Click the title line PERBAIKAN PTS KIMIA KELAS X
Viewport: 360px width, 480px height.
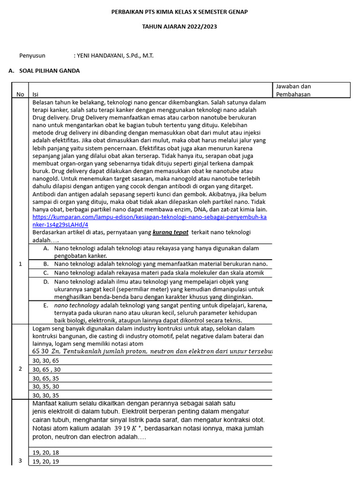click(180, 11)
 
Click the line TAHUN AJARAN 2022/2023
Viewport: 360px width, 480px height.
click(180, 27)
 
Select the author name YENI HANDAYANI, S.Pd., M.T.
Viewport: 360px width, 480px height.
click(113, 55)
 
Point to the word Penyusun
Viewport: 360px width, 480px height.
click(32, 55)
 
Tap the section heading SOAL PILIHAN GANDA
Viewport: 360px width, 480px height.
click(49, 71)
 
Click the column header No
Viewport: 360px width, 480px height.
click(20, 94)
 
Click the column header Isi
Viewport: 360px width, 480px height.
click(36, 94)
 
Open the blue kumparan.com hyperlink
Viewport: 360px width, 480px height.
click(149, 221)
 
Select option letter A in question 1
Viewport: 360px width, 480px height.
click(46, 248)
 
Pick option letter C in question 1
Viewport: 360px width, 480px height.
click(46, 272)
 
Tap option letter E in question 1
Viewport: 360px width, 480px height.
click(46, 305)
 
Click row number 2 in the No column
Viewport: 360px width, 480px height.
click(20, 369)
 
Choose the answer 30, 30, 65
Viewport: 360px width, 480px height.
click(46, 360)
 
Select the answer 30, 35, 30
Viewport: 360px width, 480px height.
click(46, 386)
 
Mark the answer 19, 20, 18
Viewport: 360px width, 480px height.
click(46, 452)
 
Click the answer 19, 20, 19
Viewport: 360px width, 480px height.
click(46, 461)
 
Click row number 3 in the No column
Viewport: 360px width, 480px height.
click(20, 461)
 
